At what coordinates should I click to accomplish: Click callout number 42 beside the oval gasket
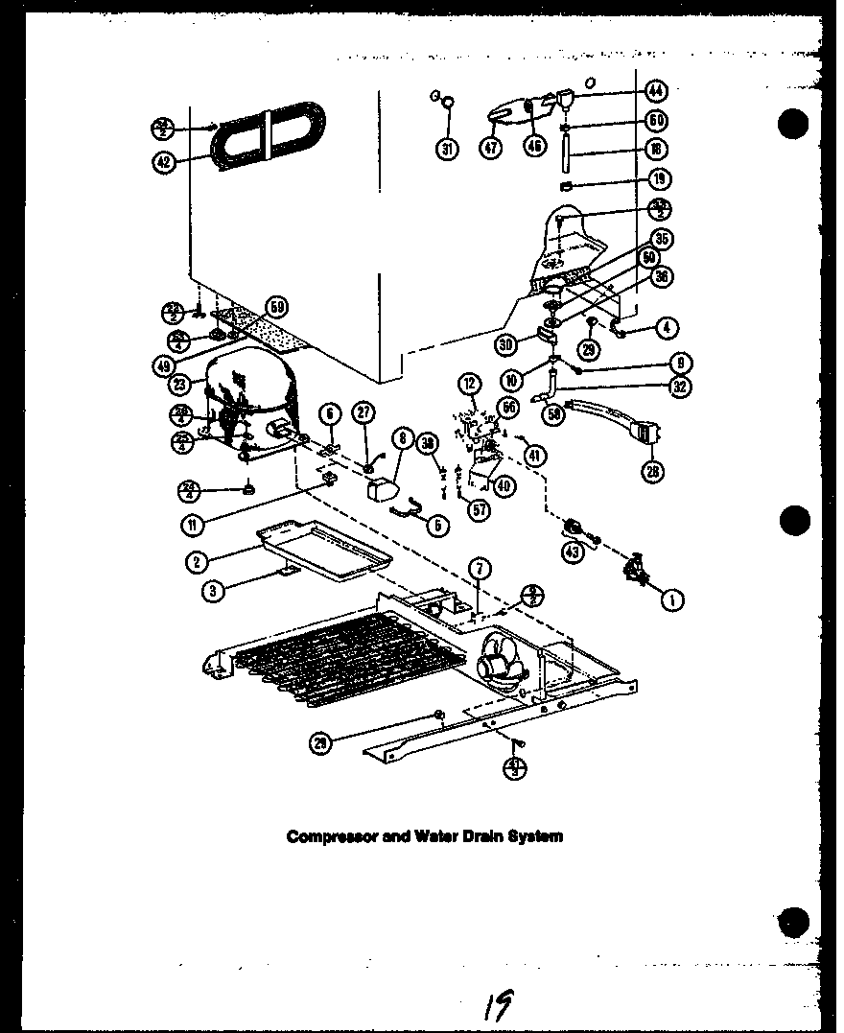tap(165, 162)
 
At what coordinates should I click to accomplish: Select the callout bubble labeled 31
tap(448, 148)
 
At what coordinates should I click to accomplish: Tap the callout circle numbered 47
tap(492, 148)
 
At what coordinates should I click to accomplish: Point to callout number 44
tap(656, 92)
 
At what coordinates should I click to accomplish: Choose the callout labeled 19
tap(658, 178)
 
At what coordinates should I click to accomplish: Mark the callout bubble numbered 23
tap(180, 384)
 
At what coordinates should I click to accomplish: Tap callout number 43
tap(573, 553)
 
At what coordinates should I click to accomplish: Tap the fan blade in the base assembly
tap(499, 660)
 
